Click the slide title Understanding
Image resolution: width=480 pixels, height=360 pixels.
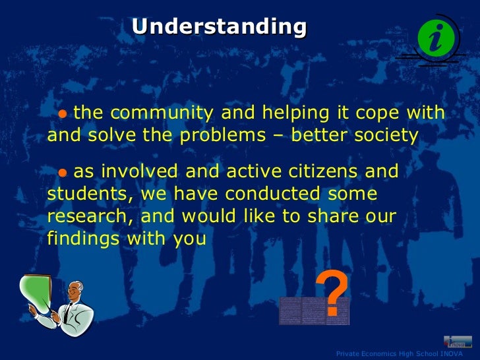(219, 26)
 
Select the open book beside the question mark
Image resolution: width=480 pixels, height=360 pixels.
(301, 310)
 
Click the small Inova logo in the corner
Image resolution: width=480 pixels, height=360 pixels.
(458, 342)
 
